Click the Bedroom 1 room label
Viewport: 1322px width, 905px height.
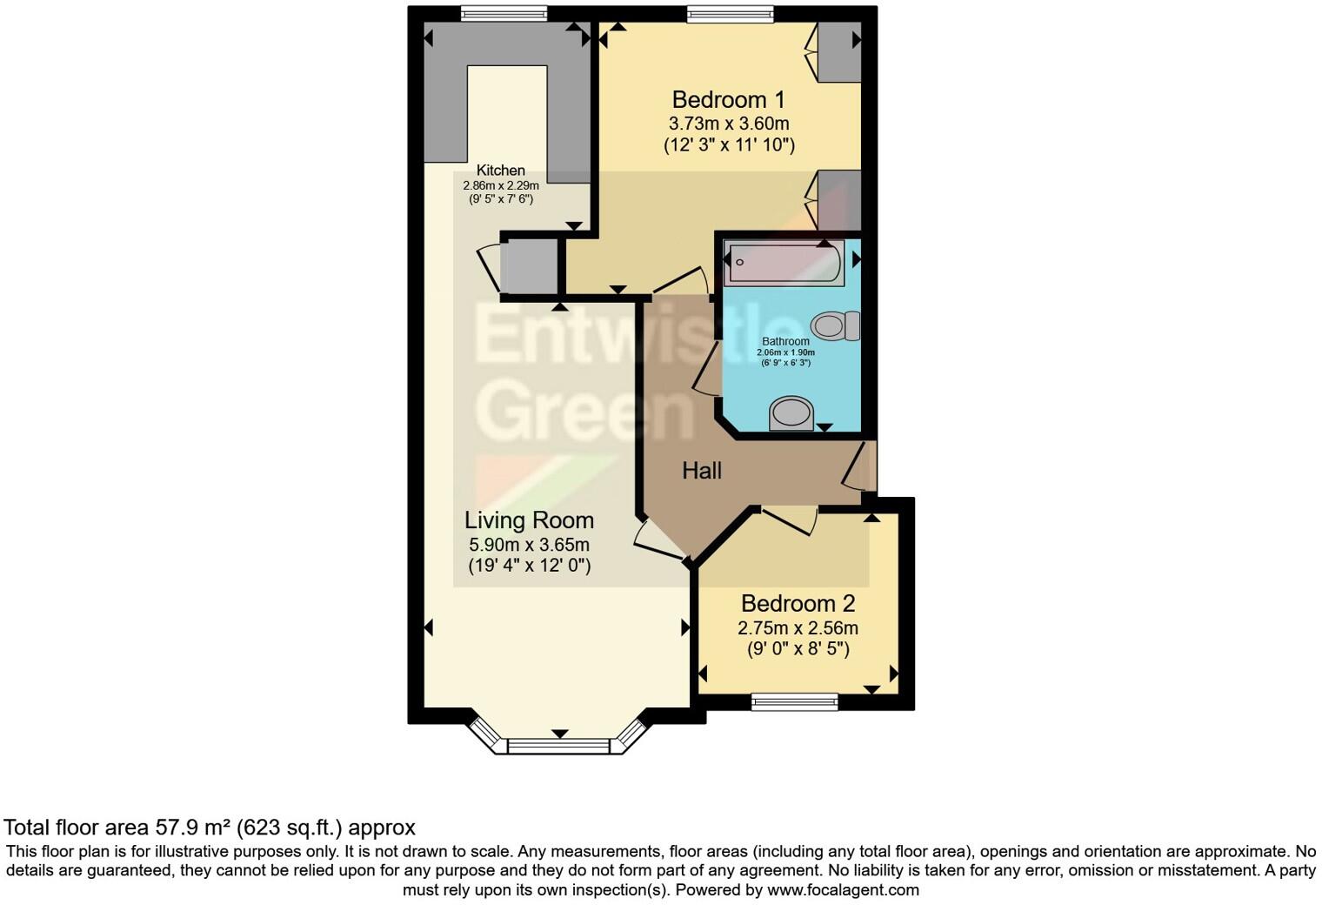coord(729,99)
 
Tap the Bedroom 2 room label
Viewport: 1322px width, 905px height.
coord(798,603)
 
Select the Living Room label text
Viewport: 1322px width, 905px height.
coord(529,520)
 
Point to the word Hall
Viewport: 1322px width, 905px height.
coord(702,471)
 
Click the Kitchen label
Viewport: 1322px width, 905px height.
coord(500,171)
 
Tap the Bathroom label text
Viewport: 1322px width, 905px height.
coord(785,341)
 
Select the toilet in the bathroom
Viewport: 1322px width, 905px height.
coord(835,326)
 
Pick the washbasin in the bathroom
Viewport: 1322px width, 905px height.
coord(791,412)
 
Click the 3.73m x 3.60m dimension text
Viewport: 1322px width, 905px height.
coord(729,124)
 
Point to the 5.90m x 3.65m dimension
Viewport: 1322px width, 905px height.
coord(529,545)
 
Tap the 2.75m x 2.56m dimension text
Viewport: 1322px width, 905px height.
coord(798,627)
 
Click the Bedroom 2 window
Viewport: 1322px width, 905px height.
coord(795,701)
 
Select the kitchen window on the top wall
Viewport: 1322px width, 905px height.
coord(504,13)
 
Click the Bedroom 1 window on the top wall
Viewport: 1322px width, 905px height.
coord(729,13)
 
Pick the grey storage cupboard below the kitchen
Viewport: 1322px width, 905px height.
coord(529,265)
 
